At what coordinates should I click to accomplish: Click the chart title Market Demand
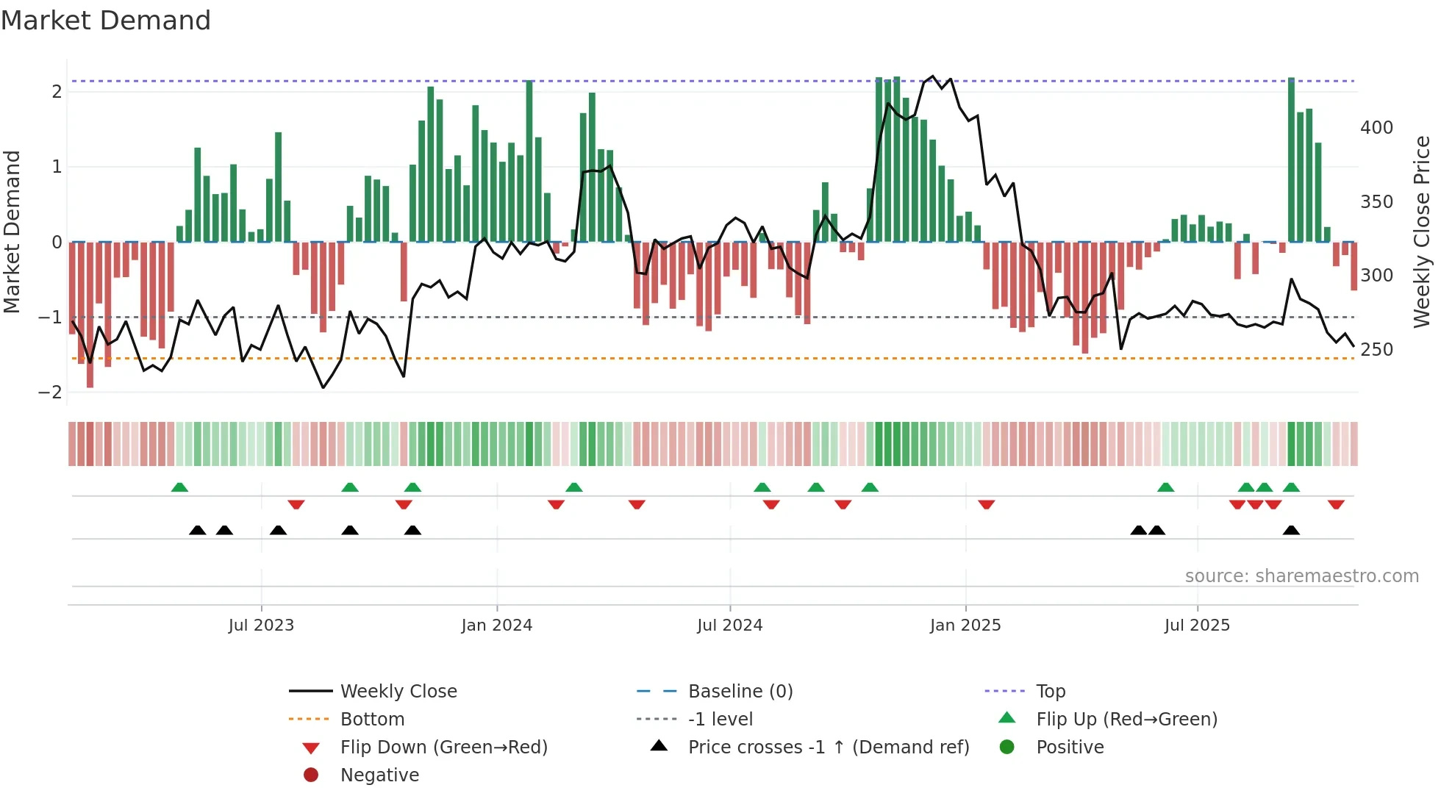click(106, 21)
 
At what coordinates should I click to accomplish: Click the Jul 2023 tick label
click(261, 626)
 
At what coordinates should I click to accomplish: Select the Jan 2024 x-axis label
click(497, 626)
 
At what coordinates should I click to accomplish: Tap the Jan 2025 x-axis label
click(965, 626)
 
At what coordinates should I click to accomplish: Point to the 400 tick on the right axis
click(1376, 128)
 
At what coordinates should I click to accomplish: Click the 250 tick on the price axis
click(1376, 350)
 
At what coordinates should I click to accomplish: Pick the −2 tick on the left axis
click(50, 393)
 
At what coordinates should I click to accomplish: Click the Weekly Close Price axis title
click(1422, 232)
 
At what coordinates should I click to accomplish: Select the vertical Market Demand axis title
click(12, 232)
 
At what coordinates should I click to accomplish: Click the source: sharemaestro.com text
click(1301, 576)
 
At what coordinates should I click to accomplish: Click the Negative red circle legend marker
click(311, 775)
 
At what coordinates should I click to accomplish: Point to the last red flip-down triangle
click(1336, 504)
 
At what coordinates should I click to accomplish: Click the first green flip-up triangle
click(179, 487)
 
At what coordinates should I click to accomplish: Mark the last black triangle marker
click(1291, 530)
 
